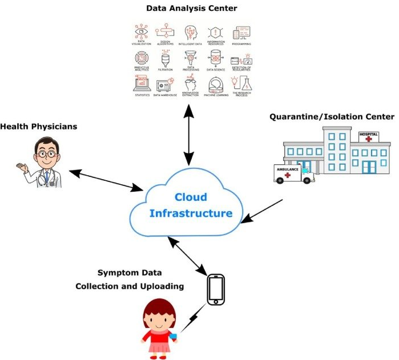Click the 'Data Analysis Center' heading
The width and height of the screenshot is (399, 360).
pyautogui.click(x=191, y=8)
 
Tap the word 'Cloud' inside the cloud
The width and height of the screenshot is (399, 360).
pyautogui.click(x=191, y=197)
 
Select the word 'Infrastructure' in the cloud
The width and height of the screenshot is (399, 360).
pyautogui.click(x=191, y=214)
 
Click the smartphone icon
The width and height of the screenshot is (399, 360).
pyautogui.click(x=215, y=290)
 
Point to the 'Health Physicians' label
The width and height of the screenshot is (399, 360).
pyautogui.click(x=38, y=126)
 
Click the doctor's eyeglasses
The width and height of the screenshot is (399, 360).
pyautogui.click(x=44, y=153)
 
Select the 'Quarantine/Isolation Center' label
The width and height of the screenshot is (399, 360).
pyautogui.click(x=332, y=117)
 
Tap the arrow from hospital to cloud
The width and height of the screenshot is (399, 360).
pyautogui.click(x=262, y=211)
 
